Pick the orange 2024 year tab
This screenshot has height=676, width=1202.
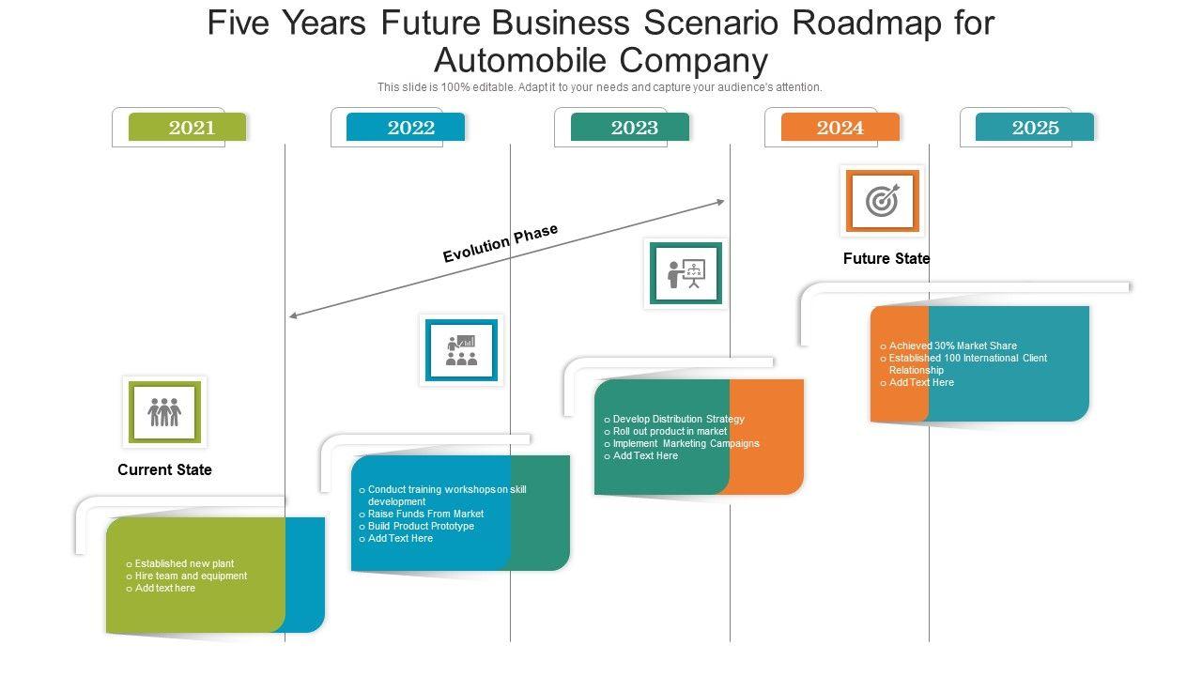[840, 128]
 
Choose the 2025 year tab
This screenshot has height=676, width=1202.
[1035, 128]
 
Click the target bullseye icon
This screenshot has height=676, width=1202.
[882, 201]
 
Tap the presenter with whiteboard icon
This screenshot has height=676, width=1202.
[686, 273]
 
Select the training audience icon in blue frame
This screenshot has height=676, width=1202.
[461, 350]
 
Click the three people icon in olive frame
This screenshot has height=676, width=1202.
[164, 411]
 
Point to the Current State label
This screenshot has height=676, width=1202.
[164, 469]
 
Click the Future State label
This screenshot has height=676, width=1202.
[886, 258]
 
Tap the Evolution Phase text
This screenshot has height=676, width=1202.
[501, 243]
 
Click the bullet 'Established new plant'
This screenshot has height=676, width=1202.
[184, 563]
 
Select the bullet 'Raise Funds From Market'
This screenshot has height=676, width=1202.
[425, 514]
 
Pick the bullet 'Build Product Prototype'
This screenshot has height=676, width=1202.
[421, 526]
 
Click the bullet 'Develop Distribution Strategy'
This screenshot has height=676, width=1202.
[678, 419]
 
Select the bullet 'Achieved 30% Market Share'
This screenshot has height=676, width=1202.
[952, 346]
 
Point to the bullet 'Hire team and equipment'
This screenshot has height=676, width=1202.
[191, 576]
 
